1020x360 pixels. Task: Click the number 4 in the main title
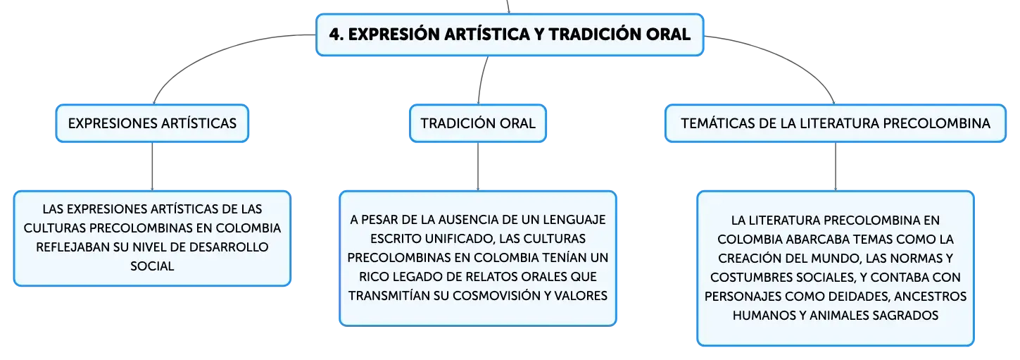tap(334, 35)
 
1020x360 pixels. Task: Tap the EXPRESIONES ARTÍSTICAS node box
tap(152, 123)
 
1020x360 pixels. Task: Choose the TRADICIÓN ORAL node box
tap(478, 123)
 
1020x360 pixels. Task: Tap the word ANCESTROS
tap(931, 297)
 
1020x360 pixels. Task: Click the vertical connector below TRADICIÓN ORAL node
tap(478, 167)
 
